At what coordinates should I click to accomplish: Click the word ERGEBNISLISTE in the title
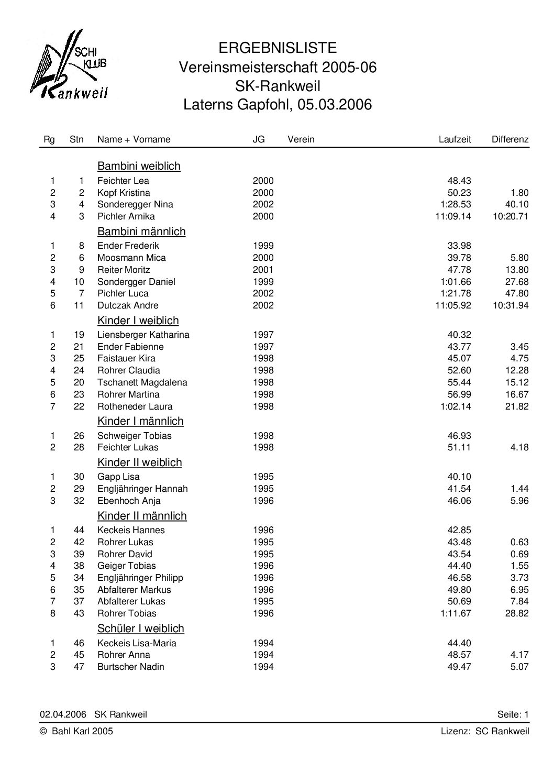[278, 48]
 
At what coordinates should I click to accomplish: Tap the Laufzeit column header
[455, 139]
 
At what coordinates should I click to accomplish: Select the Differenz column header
[509, 139]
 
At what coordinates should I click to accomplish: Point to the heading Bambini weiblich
[139, 166]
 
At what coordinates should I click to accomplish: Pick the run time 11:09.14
[453, 216]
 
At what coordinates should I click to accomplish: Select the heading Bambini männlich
[141, 231]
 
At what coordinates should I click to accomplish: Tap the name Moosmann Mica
[131, 258]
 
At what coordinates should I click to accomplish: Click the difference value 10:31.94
[511, 305]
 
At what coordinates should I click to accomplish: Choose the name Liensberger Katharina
[143, 335]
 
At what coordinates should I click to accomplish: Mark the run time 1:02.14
[456, 406]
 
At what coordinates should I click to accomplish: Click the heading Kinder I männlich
[140, 421]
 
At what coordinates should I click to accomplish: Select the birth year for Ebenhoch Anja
[263, 501]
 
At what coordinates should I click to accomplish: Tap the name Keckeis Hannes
[131, 530]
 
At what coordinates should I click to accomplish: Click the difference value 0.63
[519, 542]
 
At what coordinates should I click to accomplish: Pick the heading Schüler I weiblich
[141, 628]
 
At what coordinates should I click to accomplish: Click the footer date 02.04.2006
[63, 714]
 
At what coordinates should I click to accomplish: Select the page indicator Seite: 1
[513, 714]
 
